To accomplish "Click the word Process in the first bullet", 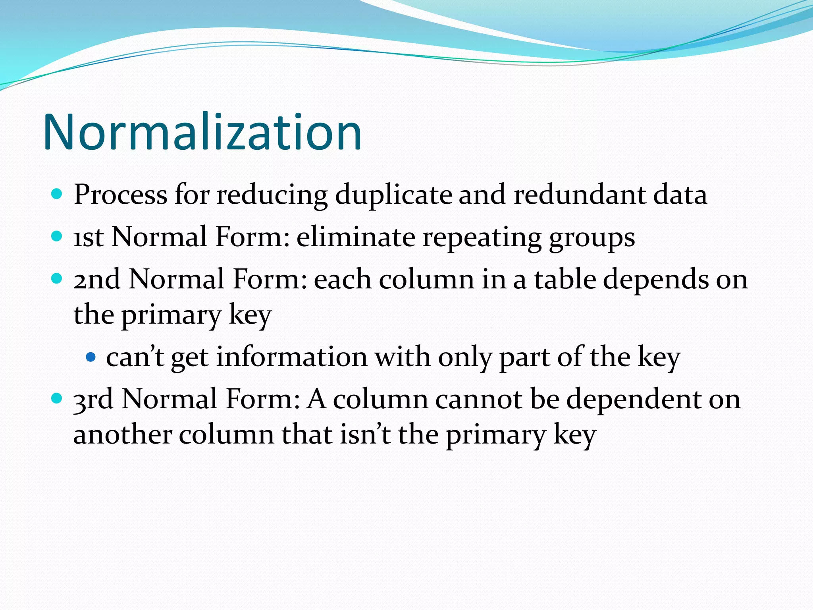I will [120, 195].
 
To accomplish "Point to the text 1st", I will [89, 237].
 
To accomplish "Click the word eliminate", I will [356, 237].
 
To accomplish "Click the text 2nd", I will [97, 279].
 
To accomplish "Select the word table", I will [565, 279].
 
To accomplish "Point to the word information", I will [292, 357].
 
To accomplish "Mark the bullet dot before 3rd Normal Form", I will [57, 398].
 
